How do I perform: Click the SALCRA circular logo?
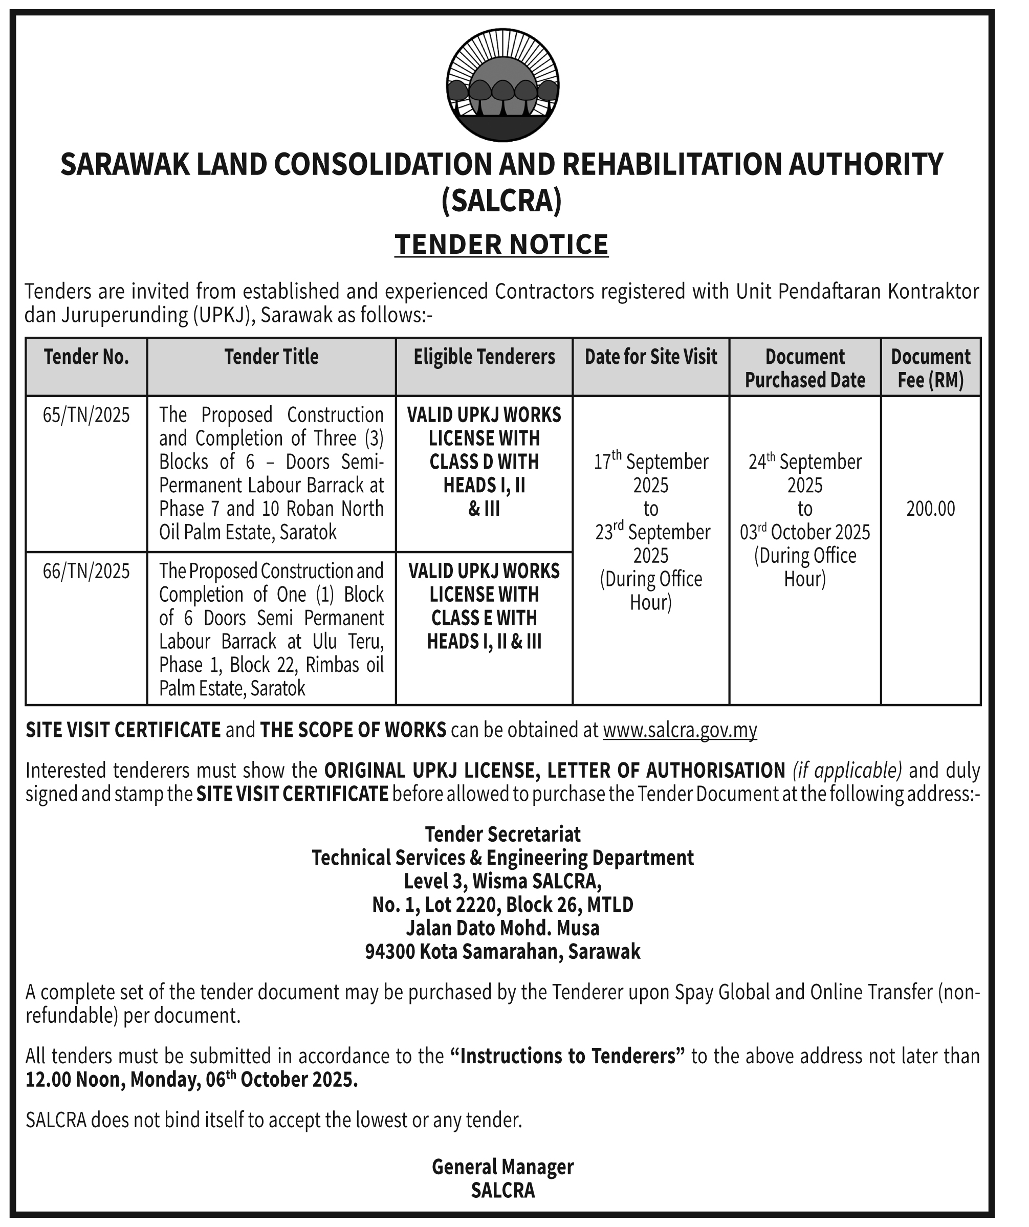[502, 85]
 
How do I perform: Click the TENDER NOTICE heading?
[501, 245]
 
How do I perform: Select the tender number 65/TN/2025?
[86, 415]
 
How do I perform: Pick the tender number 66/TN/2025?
[86, 571]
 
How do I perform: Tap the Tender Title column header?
[272, 357]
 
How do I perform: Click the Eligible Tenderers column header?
[485, 357]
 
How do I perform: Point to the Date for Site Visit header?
[651, 357]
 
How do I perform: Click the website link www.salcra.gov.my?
[680, 730]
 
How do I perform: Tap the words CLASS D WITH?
[485, 462]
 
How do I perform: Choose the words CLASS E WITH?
[485, 618]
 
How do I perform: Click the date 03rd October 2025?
[805, 532]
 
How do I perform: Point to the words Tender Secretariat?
[502, 834]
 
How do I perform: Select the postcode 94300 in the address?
[390, 952]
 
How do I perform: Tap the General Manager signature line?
[502, 1167]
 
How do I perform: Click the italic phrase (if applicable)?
[847, 771]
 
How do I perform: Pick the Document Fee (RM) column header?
[931, 368]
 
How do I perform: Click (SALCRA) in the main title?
[501, 201]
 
